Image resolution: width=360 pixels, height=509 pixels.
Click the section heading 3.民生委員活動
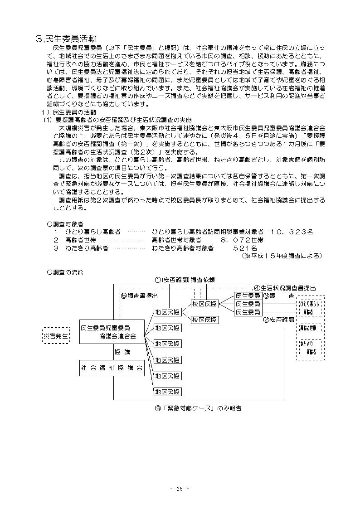[x=66, y=39]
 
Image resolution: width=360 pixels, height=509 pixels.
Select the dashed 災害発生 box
[x=56, y=336]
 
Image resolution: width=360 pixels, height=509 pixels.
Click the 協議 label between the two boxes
[x=121, y=351]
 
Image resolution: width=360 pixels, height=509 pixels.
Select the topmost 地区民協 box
[x=167, y=312]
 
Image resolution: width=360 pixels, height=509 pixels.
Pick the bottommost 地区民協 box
[x=167, y=392]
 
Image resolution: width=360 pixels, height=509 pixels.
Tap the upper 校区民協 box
[x=204, y=304]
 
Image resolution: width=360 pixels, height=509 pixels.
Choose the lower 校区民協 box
[x=204, y=320]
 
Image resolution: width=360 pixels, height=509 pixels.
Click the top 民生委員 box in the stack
[x=248, y=296]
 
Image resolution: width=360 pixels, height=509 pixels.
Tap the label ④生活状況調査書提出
[x=285, y=287]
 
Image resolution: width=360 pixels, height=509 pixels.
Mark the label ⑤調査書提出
[x=139, y=296]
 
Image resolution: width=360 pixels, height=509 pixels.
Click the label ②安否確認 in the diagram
[x=278, y=320]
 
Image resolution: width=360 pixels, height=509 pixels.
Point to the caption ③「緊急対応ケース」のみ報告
[x=198, y=408]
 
